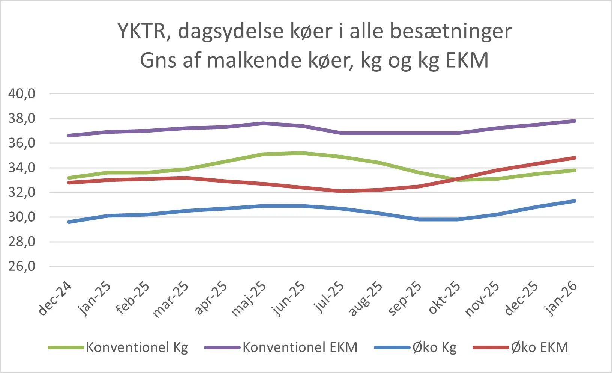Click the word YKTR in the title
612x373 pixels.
pos(142,31)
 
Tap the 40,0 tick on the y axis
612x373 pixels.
pos(22,94)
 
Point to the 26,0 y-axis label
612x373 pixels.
pos(22,266)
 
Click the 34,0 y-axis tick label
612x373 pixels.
pos(22,168)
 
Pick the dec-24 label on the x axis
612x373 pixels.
pos(55,299)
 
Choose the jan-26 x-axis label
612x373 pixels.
pos(561,299)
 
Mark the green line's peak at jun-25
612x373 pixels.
pos(302,153)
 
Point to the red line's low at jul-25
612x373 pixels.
pos(341,191)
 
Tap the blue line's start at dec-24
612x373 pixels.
pos(69,222)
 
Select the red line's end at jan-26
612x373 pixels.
pos(574,158)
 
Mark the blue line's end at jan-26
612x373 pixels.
pos(574,201)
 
